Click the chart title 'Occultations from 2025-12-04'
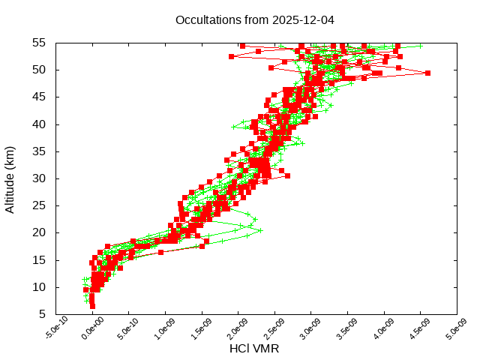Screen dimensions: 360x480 coord(254,19)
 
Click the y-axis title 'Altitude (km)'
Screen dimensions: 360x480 coord(10,178)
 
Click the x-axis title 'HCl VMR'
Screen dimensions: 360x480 coord(254,349)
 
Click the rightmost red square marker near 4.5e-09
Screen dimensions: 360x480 coord(427,73)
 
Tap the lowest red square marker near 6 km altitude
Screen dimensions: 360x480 coord(92,306)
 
